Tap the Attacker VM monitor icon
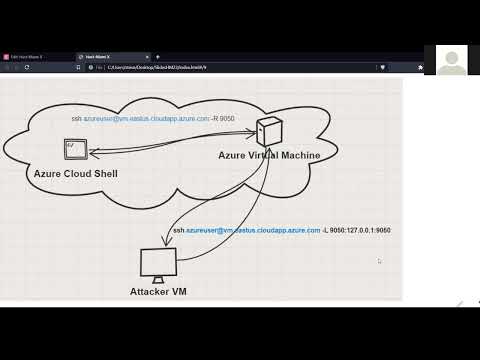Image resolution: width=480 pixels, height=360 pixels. [158, 265]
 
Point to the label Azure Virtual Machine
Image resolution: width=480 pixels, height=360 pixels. [270, 156]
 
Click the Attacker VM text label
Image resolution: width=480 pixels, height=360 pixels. [158, 291]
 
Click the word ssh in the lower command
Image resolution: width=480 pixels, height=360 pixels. [178, 230]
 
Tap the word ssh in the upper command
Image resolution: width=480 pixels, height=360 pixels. [76, 119]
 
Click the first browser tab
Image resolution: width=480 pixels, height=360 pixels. [35, 57]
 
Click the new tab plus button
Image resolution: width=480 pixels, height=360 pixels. [157, 57]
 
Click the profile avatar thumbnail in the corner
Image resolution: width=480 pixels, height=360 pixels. [452, 60]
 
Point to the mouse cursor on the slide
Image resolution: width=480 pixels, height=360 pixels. [379, 261]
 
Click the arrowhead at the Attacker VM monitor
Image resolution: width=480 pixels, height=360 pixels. [165, 243]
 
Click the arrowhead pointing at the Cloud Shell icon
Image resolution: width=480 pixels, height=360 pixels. [90, 153]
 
